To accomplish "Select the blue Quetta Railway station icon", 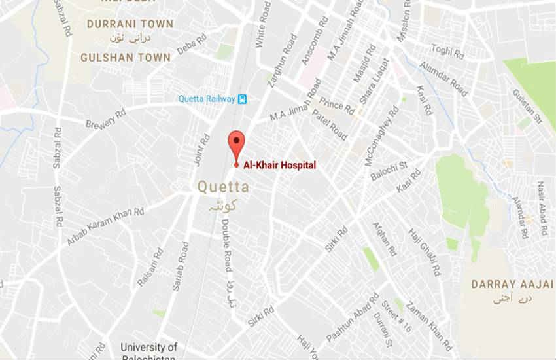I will [243, 99].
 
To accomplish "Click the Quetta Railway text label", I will [207, 99].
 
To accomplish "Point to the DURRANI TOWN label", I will [130, 24].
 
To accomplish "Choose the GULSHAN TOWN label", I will [126, 58].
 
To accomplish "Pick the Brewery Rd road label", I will [105, 118].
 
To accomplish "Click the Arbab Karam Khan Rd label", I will [105, 227].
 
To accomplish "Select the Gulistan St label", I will [529, 107].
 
